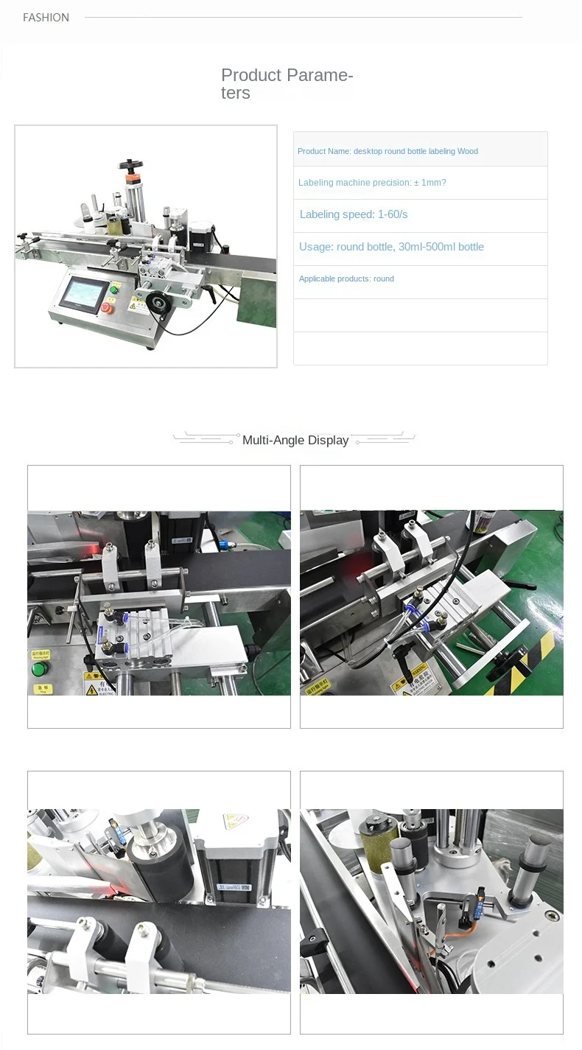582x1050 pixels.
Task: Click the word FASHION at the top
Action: [x=46, y=18]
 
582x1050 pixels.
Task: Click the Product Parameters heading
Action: [x=287, y=84]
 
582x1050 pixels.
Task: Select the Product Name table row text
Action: [x=388, y=151]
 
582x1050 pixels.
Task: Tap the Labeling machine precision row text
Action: [x=372, y=183]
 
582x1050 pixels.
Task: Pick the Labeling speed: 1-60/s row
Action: [x=354, y=214]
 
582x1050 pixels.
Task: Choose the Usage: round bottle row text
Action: [x=391, y=247]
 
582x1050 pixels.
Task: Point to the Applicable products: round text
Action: [x=346, y=279]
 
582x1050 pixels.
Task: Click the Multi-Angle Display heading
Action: [x=295, y=440]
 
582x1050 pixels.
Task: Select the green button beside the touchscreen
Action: [x=114, y=290]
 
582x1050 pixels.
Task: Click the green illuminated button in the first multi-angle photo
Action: [x=38, y=669]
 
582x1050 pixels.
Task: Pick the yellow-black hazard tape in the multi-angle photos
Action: [x=530, y=667]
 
